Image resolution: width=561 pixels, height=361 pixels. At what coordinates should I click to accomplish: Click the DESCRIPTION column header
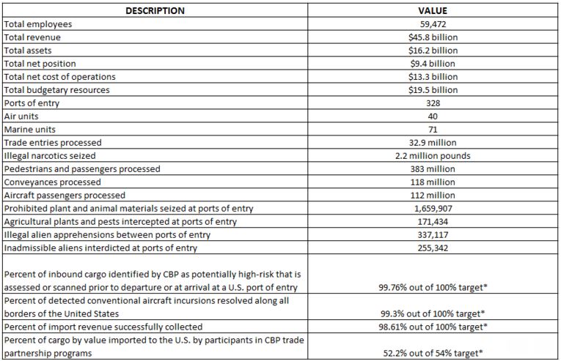coord(155,11)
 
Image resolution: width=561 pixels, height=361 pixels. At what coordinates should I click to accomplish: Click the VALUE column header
coord(433,11)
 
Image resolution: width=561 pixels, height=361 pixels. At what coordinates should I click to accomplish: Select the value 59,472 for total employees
coord(433,24)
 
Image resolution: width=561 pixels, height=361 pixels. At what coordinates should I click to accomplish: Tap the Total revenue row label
coord(32,37)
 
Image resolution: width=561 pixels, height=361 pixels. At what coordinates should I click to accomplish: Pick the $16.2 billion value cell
coord(433,51)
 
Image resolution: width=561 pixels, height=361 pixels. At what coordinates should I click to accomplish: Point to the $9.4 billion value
coord(433,64)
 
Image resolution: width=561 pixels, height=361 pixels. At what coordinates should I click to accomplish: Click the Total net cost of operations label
coord(59,77)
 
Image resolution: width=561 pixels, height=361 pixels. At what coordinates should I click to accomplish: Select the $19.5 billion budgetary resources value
coord(433,90)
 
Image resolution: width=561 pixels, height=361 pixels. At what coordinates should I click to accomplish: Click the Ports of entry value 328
coord(433,103)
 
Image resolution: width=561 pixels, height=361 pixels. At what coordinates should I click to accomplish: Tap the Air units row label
coord(21,116)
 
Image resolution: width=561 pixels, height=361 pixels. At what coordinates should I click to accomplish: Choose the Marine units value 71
coord(433,130)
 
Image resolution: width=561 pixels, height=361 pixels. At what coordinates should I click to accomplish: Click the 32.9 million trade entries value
coord(433,143)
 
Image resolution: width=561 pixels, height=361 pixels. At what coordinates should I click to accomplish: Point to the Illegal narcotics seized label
coord(50,156)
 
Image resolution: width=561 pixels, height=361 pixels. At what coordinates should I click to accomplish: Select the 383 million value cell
coord(433,169)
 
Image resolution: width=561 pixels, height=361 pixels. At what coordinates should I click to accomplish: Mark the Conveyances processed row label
coord(52,182)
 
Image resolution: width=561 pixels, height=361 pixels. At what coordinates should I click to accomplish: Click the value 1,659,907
coord(433,209)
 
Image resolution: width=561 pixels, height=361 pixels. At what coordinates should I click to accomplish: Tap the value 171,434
coord(433,222)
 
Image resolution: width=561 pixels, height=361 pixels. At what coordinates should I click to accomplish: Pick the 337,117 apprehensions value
coord(433,235)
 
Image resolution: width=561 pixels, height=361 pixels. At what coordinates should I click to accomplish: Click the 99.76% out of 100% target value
coord(433,287)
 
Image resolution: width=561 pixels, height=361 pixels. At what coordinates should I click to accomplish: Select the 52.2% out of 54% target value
coord(433,353)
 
